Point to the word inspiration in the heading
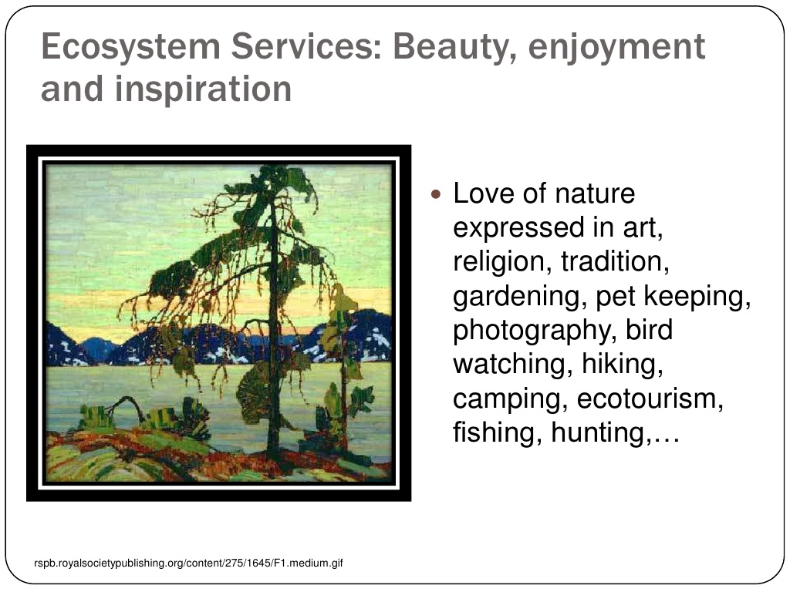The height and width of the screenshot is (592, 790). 204,89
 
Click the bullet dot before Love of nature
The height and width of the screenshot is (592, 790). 437,194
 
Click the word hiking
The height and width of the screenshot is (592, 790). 623,364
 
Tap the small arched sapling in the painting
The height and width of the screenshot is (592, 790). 126,408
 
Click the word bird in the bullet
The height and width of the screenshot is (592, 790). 650,330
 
